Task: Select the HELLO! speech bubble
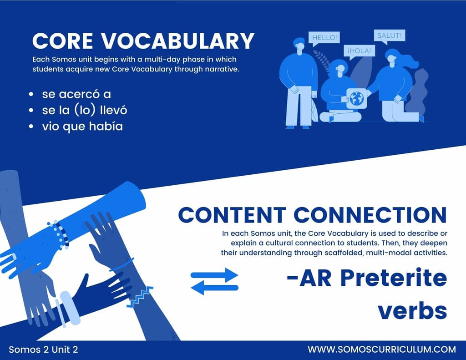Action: (x=324, y=39)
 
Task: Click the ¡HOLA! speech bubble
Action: (x=360, y=51)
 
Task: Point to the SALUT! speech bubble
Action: (x=390, y=36)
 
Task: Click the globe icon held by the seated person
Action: (x=356, y=98)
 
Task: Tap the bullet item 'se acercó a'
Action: (x=76, y=94)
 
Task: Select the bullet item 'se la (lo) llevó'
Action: (x=84, y=110)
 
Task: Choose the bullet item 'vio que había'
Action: (x=82, y=127)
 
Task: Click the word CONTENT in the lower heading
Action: (x=232, y=215)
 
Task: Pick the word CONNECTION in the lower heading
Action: (x=370, y=215)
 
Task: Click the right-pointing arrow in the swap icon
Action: (x=214, y=275)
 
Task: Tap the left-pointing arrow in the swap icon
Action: (x=214, y=288)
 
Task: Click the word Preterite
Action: (x=393, y=278)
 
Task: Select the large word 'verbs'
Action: (x=412, y=311)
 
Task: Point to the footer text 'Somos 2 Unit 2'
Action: (x=43, y=349)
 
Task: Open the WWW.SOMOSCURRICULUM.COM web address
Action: (x=382, y=349)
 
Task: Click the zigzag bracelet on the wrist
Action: (x=140, y=296)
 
